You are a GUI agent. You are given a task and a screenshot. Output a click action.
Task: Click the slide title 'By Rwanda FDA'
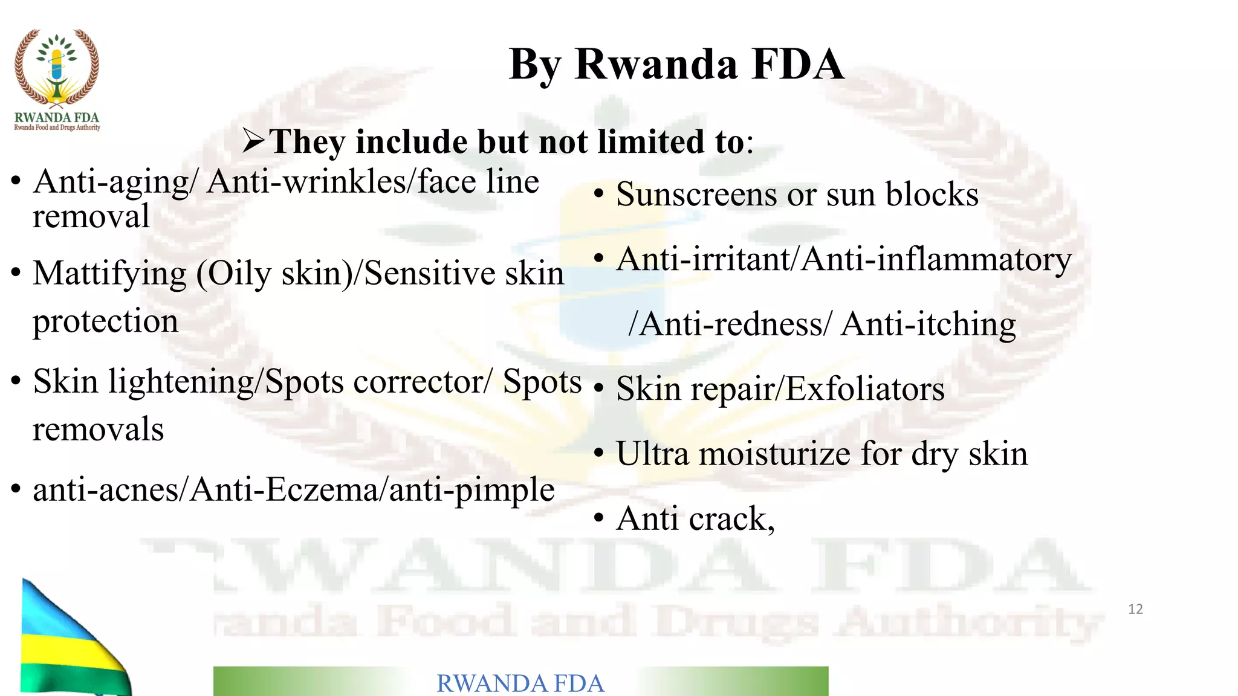click(676, 64)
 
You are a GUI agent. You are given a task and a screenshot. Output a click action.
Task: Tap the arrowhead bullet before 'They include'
click(254, 141)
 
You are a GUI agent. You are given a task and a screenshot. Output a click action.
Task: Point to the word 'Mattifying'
click(109, 273)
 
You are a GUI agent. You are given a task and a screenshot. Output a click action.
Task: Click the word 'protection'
click(105, 321)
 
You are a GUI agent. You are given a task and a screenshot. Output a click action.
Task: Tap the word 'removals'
click(98, 429)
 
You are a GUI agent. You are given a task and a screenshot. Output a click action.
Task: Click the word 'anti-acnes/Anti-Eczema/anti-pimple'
click(293, 489)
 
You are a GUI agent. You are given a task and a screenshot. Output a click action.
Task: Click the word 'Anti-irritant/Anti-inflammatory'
click(844, 260)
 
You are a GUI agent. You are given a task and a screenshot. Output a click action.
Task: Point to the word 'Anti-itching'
click(928, 324)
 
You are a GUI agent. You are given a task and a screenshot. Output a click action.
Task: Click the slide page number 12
click(1135, 609)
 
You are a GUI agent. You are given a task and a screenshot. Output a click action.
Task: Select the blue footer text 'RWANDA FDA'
click(520, 683)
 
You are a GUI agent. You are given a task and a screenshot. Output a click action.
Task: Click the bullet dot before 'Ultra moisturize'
click(598, 453)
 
